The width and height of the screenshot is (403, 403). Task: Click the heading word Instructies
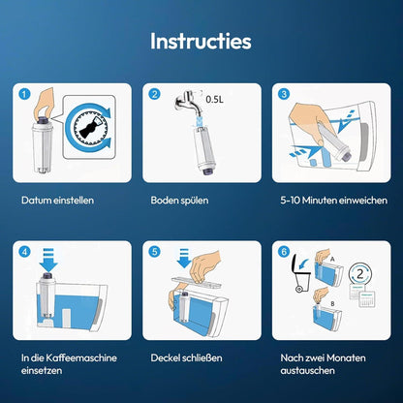[x=201, y=41]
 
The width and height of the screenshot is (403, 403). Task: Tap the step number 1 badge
[x=24, y=94]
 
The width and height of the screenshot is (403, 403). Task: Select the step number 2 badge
[x=154, y=94]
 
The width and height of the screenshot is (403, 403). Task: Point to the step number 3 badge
[x=284, y=94]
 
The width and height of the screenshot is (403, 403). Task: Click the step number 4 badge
[x=24, y=252]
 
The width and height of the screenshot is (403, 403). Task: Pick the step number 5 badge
[x=154, y=252]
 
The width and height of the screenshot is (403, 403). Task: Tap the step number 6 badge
[x=284, y=252]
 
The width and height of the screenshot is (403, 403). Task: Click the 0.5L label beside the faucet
[x=214, y=99]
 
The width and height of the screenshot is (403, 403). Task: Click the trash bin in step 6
[x=301, y=273]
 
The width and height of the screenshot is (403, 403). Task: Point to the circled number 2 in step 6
[x=360, y=274]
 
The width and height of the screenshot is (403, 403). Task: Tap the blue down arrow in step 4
[x=48, y=260]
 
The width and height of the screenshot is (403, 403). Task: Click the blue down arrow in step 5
[x=184, y=258]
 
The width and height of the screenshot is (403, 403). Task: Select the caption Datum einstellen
[x=57, y=201]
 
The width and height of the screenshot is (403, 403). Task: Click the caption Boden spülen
[x=179, y=201]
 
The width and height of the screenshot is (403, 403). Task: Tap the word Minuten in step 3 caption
[x=318, y=201]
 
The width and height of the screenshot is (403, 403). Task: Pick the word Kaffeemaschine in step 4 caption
[x=81, y=357]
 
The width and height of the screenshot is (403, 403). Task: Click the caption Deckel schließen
[x=186, y=357]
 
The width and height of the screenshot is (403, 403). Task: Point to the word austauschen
[x=307, y=370]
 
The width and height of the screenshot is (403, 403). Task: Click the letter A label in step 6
[x=332, y=259]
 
